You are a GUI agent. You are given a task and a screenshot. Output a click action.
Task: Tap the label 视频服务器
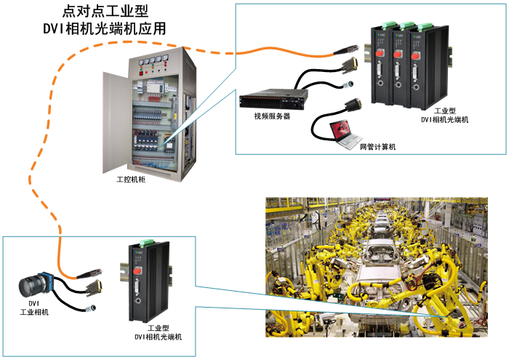tap(271, 116)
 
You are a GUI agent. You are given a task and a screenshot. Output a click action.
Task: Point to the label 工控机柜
tap(131, 178)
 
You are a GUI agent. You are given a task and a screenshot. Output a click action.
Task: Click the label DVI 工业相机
tap(33, 308)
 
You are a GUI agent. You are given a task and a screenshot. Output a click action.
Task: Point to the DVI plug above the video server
tap(348, 68)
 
